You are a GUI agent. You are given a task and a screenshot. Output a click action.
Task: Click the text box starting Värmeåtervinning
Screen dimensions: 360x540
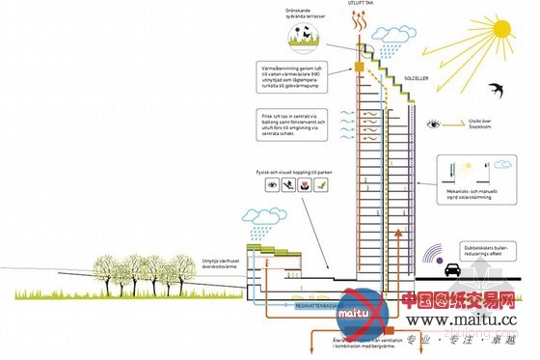point(286,78)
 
